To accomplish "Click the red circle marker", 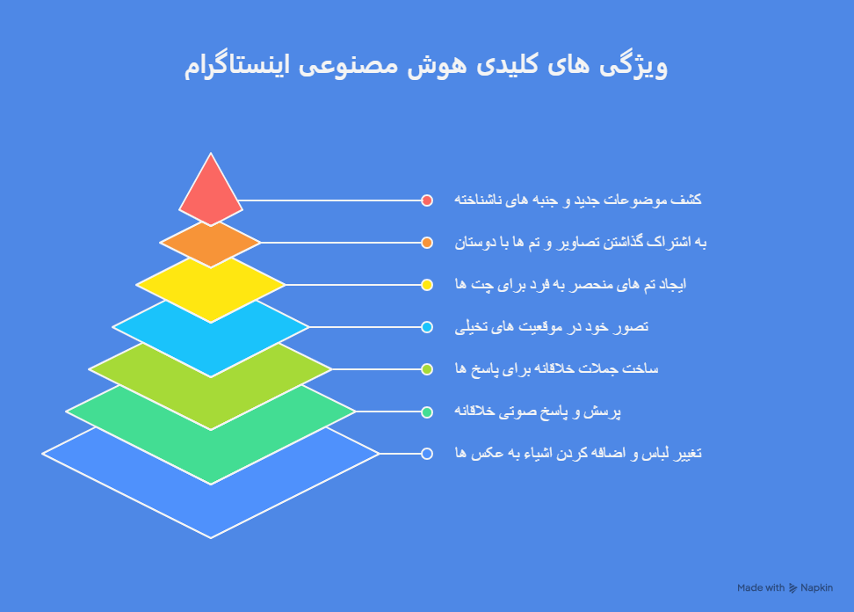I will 427,200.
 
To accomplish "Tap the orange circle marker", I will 427,243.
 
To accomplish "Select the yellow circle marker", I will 427,285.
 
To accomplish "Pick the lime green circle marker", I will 427,369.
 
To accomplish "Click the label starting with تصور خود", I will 551,327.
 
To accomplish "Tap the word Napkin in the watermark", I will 817,587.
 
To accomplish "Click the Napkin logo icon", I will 793,587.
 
